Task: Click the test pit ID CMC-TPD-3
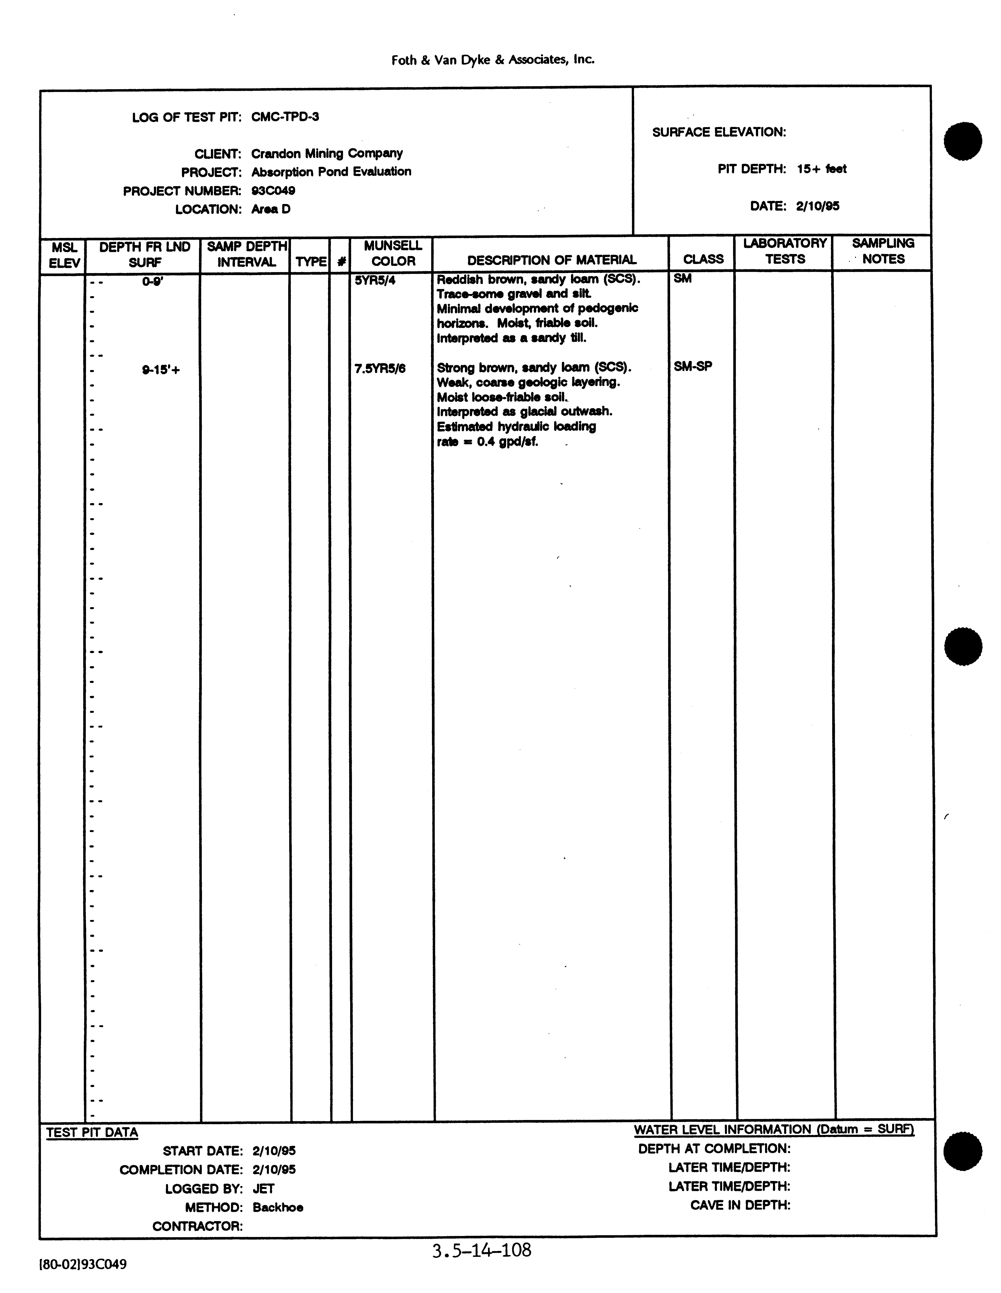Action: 285,117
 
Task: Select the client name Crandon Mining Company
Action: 327,153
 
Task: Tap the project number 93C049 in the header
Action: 273,191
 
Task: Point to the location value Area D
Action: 271,209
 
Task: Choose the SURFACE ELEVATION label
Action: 719,132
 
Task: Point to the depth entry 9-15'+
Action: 160,371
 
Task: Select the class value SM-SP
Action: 693,366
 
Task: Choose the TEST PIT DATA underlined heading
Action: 92,1133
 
